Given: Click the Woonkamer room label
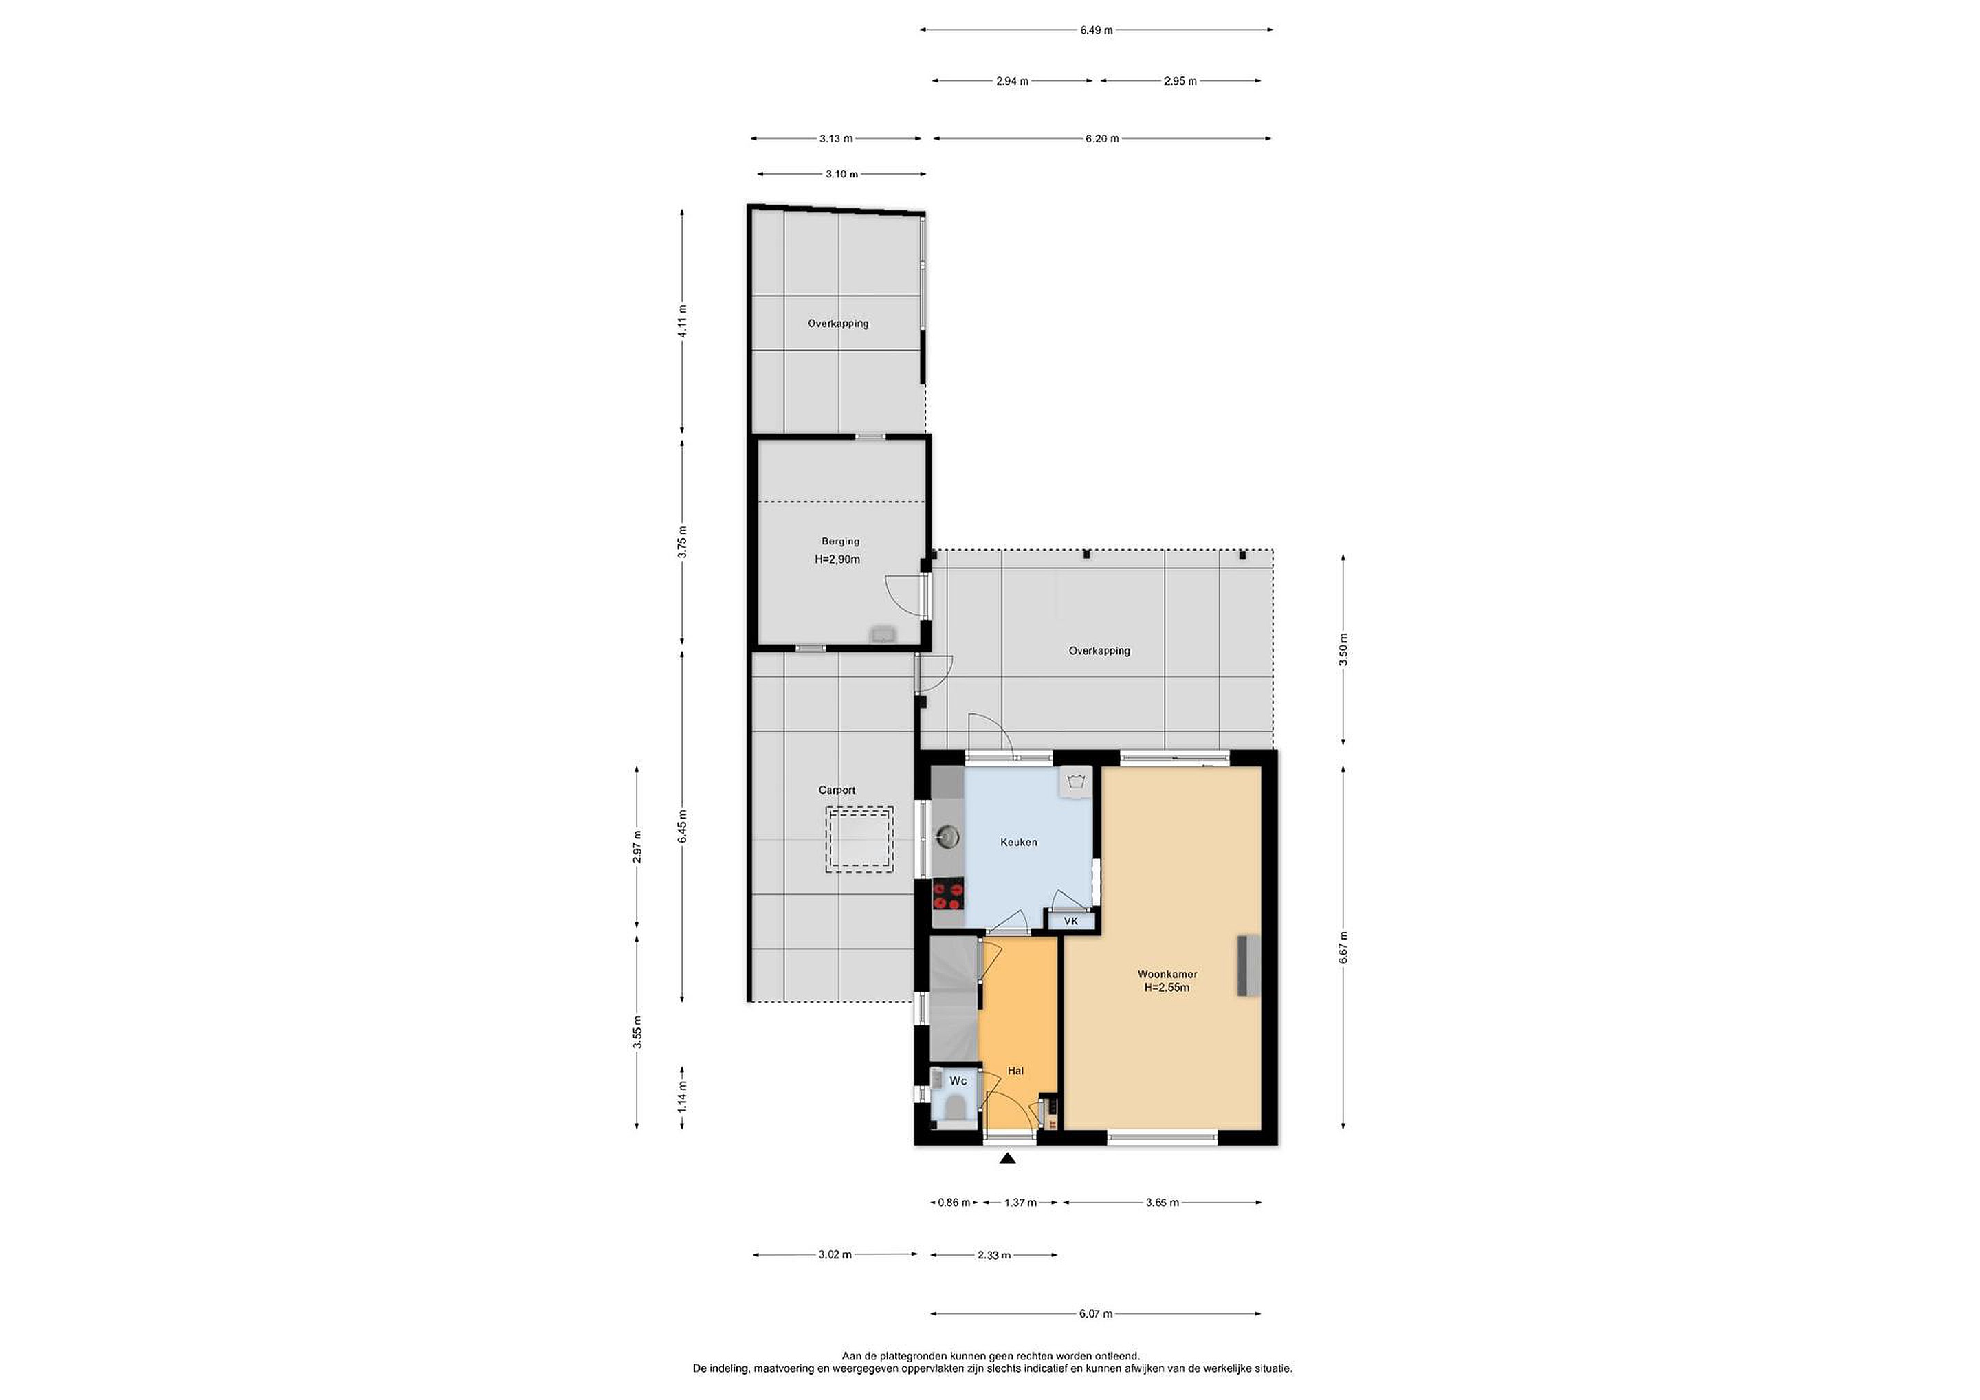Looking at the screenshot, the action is (1167, 974).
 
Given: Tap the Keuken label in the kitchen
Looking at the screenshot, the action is (1018, 841).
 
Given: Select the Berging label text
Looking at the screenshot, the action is (840, 542).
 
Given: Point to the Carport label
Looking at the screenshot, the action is (837, 790).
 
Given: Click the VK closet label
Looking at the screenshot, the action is (1071, 921).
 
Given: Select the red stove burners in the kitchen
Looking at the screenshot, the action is (948, 895).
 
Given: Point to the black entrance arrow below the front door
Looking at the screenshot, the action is (1006, 1159).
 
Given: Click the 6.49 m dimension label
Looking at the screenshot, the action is (1096, 30).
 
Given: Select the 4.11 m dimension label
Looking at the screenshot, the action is (682, 322).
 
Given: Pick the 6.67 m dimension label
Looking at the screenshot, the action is (1343, 947).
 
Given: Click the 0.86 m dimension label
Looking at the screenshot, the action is (954, 1203).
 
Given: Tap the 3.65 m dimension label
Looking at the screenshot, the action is (1162, 1203).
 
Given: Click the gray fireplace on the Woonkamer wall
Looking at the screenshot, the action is (1248, 966).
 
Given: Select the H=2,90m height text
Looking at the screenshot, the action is (837, 559).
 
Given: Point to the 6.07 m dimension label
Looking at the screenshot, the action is (1095, 1314).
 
